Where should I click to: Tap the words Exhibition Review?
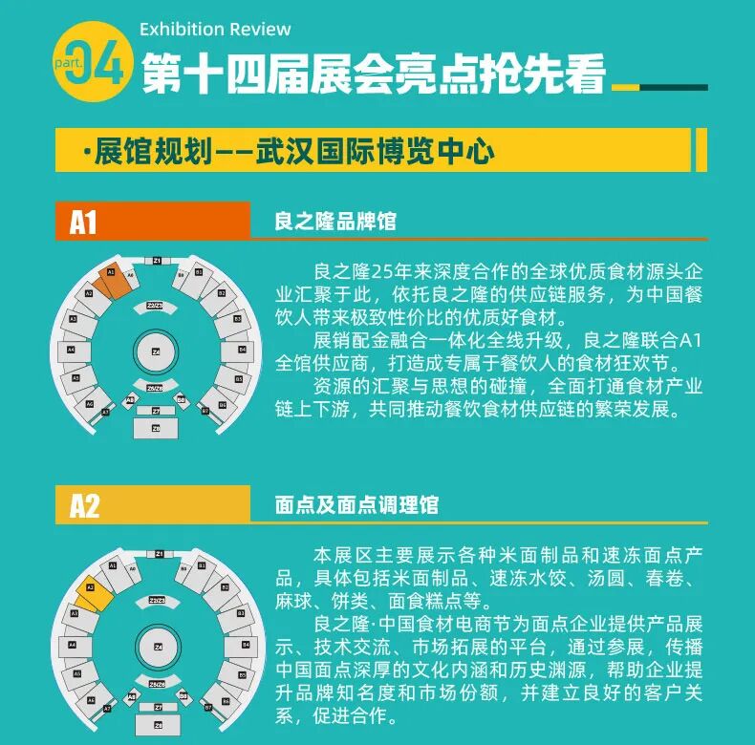click(x=215, y=30)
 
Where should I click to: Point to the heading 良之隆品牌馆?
click(x=335, y=223)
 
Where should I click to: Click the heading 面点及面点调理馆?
click(x=356, y=505)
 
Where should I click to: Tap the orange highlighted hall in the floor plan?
click(x=114, y=280)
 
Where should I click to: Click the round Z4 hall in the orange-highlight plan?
click(x=156, y=354)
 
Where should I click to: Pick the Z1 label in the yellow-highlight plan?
click(x=159, y=554)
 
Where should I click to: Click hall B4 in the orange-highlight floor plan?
click(x=242, y=351)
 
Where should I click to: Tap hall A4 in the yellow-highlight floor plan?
click(x=72, y=645)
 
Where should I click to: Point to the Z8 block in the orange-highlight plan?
click(x=157, y=429)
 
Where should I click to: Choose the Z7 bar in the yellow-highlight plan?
click(x=157, y=710)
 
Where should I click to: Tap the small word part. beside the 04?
click(x=70, y=61)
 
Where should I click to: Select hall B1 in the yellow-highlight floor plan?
click(x=199, y=567)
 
